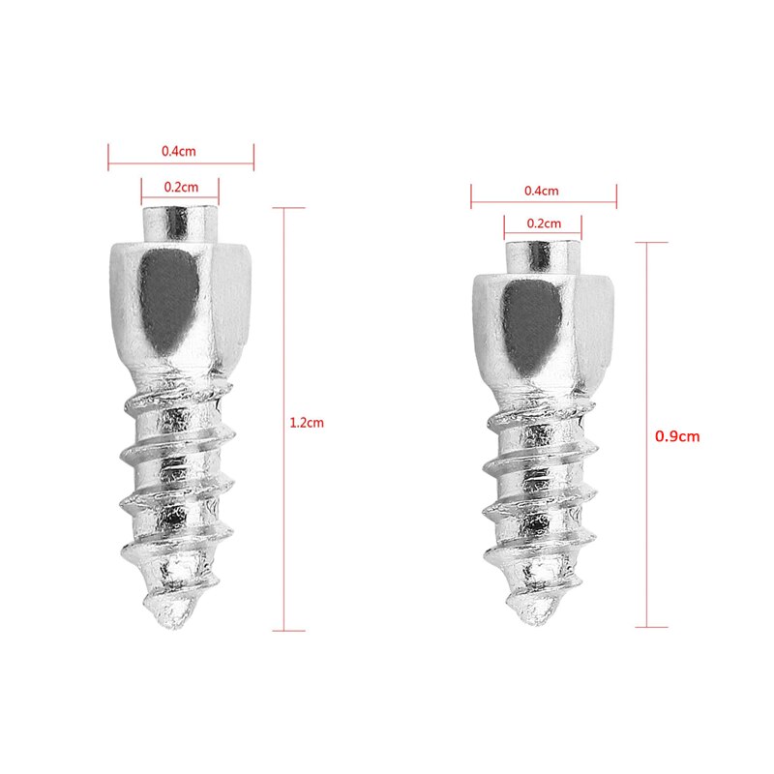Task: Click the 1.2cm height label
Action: coord(307,423)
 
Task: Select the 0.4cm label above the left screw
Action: coord(181,152)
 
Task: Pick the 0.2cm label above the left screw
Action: coord(181,187)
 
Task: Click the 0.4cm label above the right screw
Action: coord(542,191)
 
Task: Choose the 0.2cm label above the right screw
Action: coord(544,223)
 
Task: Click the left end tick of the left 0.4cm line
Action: coord(108,157)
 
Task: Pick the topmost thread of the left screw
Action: coord(174,397)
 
